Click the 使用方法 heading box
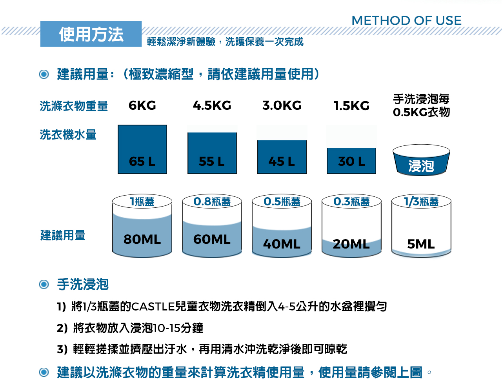(91, 34)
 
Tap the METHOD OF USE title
(406, 20)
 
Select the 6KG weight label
(142, 105)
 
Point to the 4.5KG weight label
(212, 105)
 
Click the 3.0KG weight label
(282, 105)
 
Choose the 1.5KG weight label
(352, 106)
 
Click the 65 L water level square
(142, 149)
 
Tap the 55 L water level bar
(212, 153)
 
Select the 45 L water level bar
(282, 157)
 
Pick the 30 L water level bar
(351, 161)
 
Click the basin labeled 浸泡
(421, 160)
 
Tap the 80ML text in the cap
(142, 239)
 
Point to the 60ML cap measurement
(212, 239)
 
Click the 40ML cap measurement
(282, 244)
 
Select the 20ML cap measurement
(351, 244)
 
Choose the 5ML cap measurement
(421, 244)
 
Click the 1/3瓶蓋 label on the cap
(421, 201)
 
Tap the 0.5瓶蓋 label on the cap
(282, 201)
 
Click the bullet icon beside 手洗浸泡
(44, 285)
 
